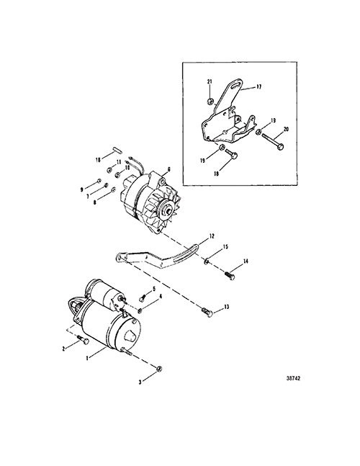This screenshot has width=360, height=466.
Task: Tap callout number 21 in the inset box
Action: coord(210,81)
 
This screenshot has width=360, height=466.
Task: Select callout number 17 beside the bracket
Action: coord(258,86)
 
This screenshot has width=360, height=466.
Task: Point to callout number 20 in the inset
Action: coord(286,130)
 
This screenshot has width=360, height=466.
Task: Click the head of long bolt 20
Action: coord(281,146)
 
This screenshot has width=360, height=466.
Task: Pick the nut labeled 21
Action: coord(210,102)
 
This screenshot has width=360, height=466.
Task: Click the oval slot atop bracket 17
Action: coord(236,86)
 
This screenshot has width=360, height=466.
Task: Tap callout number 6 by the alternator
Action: coord(169,169)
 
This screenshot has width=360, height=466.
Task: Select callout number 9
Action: coord(81,189)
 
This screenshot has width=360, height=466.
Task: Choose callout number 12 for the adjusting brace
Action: coord(212,236)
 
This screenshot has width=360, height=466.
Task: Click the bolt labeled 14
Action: coord(230,275)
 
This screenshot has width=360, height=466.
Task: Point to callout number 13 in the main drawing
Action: coord(227,306)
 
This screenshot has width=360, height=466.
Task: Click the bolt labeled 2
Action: coord(84,340)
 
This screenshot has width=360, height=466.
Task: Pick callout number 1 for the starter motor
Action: coord(87,359)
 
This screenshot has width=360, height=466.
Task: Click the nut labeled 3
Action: coord(159,369)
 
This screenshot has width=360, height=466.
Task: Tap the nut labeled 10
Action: coord(118,174)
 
